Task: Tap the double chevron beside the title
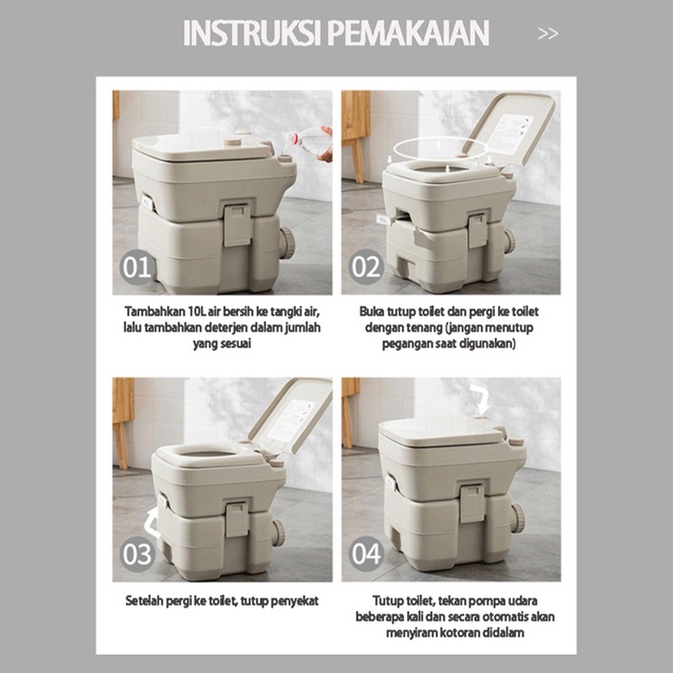[548, 34]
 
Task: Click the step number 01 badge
[136, 268]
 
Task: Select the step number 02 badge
[366, 268]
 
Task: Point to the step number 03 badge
[137, 554]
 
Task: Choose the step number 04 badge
[366, 554]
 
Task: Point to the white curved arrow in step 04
[480, 396]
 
